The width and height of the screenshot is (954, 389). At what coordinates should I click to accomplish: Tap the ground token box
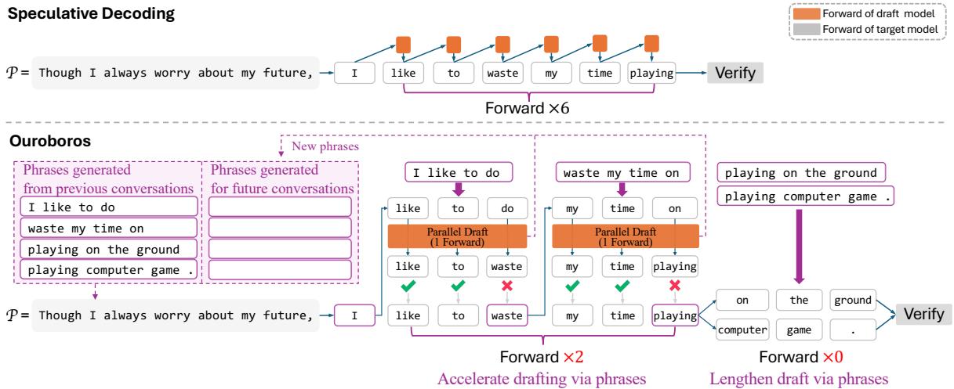click(849, 300)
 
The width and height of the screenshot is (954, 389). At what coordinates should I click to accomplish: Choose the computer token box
click(741, 330)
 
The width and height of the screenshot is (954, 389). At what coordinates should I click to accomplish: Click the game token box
click(795, 330)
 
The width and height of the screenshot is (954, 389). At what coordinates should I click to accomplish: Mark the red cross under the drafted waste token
click(506, 287)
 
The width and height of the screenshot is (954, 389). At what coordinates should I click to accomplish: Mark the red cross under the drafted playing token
click(674, 287)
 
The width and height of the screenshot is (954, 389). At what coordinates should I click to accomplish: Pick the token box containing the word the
click(795, 300)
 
